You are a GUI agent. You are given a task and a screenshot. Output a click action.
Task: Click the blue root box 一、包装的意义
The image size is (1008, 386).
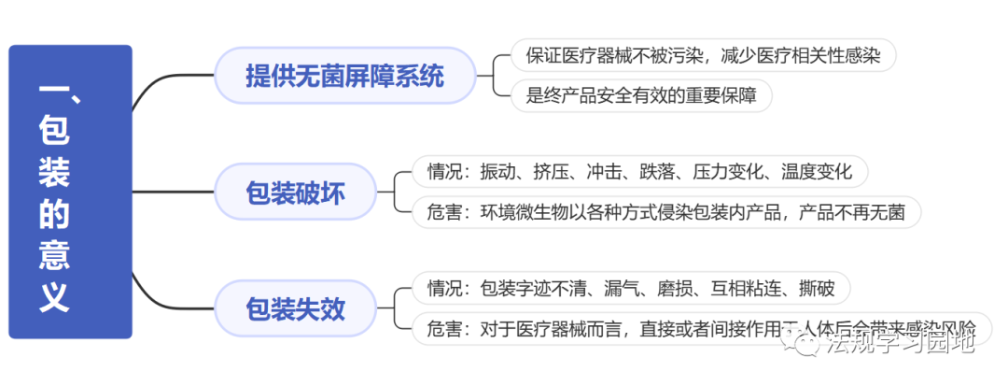pyautogui.click(x=70, y=192)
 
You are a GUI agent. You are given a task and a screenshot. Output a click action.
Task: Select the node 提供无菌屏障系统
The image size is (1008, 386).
pyautogui.click(x=344, y=76)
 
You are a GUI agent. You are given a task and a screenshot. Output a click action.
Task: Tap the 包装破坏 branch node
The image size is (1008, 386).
pyautogui.click(x=294, y=193)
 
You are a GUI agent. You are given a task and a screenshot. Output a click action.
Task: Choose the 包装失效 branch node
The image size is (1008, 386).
pyautogui.click(x=294, y=308)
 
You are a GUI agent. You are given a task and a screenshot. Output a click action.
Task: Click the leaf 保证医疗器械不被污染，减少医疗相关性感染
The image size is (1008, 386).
pyautogui.click(x=703, y=55)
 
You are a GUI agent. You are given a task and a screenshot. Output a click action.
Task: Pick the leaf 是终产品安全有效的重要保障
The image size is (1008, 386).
pyautogui.click(x=641, y=94)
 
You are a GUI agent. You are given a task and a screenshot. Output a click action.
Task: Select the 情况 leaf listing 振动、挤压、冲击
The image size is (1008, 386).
pyautogui.click(x=639, y=172)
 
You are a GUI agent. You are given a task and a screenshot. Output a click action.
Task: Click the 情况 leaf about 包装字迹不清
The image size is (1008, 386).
pyautogui.click(x=630, y=288)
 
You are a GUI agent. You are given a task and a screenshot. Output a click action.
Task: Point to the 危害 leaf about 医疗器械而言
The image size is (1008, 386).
pyautogui.click(x=701, y=328)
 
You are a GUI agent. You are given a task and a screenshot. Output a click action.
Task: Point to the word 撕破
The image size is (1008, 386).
pyautogui.click(x=817, y=288)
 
